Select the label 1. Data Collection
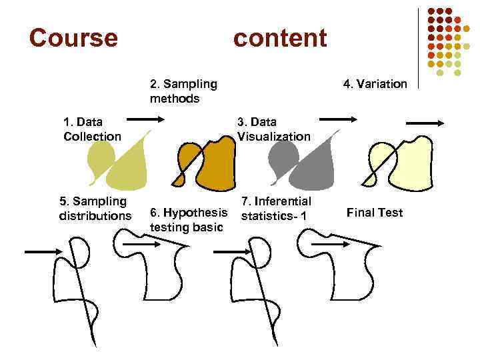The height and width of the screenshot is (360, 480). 92,129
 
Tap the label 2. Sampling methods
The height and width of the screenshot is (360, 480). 183,91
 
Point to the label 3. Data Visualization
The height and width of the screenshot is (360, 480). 273,129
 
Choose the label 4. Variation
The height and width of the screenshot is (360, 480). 375,84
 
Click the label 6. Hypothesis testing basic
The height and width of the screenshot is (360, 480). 189,219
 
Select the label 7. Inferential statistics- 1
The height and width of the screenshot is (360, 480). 276,208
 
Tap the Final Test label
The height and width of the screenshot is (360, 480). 375,213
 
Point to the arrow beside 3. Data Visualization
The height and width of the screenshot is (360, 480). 338,119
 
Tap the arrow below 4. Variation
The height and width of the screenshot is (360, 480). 425,123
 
